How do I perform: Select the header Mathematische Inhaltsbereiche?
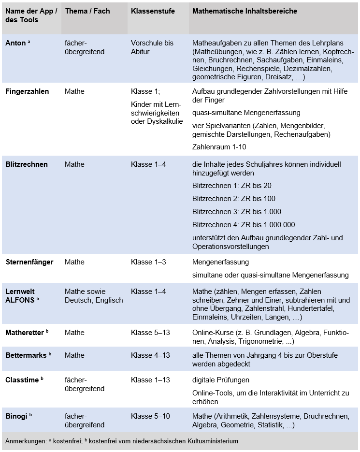[245, 11]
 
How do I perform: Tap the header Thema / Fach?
[87, 11]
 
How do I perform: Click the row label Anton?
[16, 43]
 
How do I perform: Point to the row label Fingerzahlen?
[27, 91]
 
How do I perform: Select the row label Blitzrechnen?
[27, 164]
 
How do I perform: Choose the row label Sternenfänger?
[29, 262]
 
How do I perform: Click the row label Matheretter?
[25, 333]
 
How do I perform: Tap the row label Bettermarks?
[26, 355]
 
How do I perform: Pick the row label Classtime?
[22, 380]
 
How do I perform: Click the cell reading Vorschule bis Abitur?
[152, 47]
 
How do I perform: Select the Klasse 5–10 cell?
[150, 416]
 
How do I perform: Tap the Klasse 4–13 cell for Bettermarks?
[150, 355]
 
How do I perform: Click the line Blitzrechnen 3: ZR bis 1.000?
[236, 212]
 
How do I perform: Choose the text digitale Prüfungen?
[221, 380]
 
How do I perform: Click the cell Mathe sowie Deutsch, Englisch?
[94, 296]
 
